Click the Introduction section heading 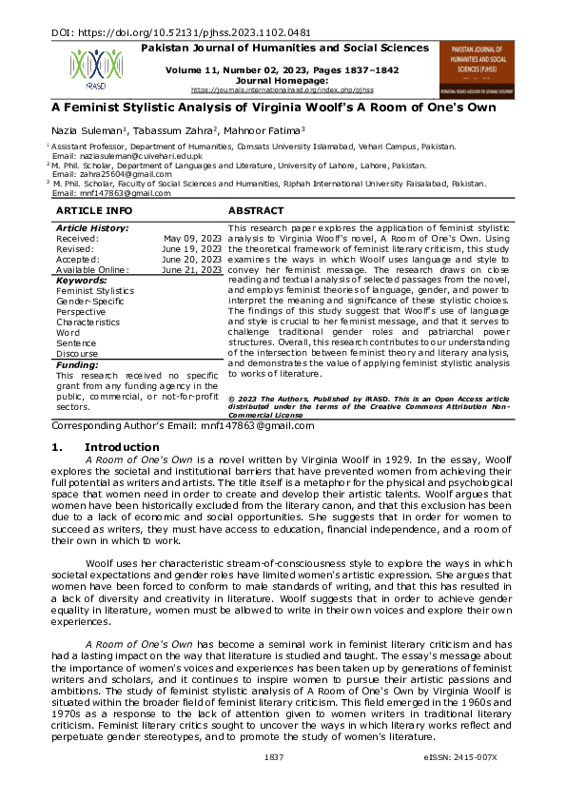(x=122, y=447)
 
